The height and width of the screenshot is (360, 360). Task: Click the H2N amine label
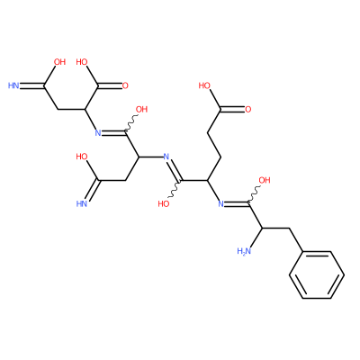(244, 251)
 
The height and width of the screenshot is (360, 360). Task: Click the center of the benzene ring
(317, 274)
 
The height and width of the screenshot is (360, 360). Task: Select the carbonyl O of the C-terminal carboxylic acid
(125, 85)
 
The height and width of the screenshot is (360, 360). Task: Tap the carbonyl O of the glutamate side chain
(247, 110)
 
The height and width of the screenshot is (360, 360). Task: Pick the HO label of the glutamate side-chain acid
(204, 85)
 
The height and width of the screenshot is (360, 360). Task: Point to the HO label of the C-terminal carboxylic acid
(82, 62)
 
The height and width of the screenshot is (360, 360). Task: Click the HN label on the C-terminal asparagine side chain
(13, 85)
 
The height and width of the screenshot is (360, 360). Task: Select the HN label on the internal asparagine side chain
(82, 204)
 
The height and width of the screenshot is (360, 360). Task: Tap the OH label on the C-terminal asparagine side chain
(59, 62)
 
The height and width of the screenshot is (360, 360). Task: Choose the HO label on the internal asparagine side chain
(82, 157)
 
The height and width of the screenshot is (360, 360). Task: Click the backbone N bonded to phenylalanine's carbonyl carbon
(220, 204)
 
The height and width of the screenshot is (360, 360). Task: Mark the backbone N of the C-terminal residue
(98, 133)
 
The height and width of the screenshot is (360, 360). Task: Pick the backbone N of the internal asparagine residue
(166, 157)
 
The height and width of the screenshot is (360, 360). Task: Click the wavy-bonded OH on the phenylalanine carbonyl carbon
(265, 180)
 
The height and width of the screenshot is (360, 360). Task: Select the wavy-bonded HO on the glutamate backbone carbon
(164, 204)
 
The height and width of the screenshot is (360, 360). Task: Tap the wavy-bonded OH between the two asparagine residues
(141, 110)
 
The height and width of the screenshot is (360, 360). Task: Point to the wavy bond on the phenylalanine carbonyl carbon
(254, 195)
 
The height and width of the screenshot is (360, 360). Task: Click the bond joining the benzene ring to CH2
(296, 240)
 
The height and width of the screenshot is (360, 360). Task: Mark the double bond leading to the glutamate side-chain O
(232, 110)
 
